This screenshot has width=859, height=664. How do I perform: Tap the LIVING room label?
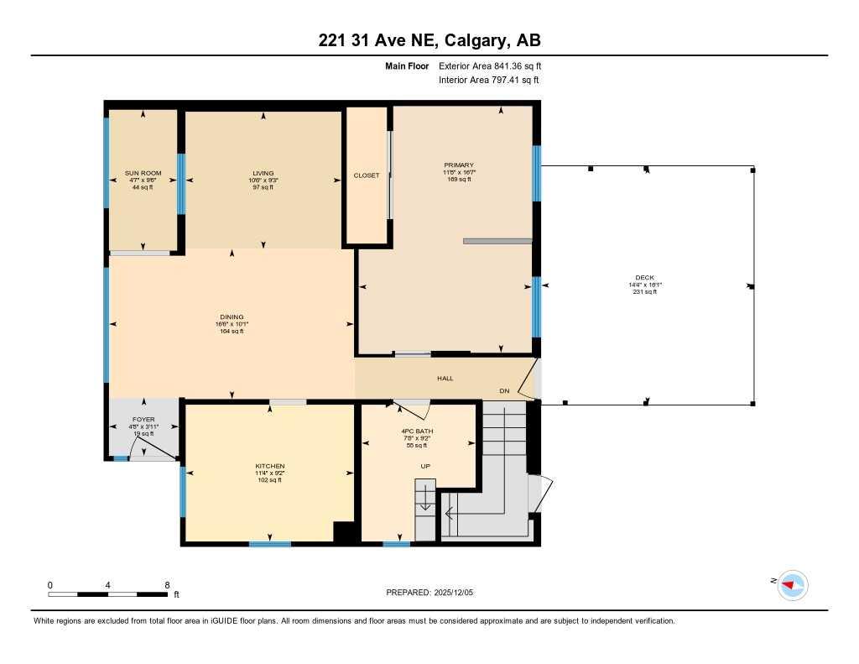pyautogui.click(x=263, y=173)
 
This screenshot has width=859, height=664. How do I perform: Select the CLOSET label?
pyautogui.click(x=366, y=175)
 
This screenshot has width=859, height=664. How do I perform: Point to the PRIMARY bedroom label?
pyautogui.click(x=459, y=165)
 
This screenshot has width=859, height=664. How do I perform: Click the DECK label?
pyautogui.click(x=644, y=278)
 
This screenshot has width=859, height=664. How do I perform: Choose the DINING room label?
pyautogui.click(x=231, y=317)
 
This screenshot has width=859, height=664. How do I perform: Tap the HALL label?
pyautogui.click(x=445, y=379)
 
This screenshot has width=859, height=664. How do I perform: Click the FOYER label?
pyautogui.click(x=143, y=419)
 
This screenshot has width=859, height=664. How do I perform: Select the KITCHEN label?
pyautogui.click(x=270, y=466)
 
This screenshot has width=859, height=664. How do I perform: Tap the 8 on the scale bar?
pyautogui.click(x=167, y=585)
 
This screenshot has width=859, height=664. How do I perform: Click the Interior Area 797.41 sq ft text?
pyautogui.click(x=488, y=80)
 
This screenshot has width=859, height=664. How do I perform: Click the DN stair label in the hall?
pyautogui.click(x=504, y=391)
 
